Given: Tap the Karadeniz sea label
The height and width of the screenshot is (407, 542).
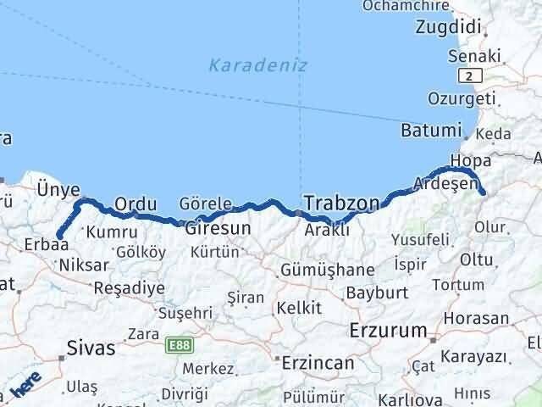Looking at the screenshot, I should [x=257, y=64].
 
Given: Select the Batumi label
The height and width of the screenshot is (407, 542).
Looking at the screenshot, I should [x=431, y=131].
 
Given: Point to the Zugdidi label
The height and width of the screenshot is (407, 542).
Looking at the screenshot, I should [x=448, y=27].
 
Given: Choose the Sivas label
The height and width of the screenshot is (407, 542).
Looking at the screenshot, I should [x=91, y=347].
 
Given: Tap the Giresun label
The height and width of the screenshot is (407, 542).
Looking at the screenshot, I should [x=218, y=228].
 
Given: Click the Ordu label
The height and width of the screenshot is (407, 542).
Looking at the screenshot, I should [x=135, y=203].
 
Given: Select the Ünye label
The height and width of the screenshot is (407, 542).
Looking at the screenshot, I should [x=59, y=190].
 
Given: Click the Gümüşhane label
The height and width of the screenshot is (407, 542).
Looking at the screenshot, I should [x=329, y=270].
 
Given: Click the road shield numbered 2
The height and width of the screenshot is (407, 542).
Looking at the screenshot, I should [x=467, y=76].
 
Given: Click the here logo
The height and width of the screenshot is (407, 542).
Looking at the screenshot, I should [x=25, y=387].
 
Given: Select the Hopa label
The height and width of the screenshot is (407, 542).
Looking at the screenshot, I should [x=471, y=160].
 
